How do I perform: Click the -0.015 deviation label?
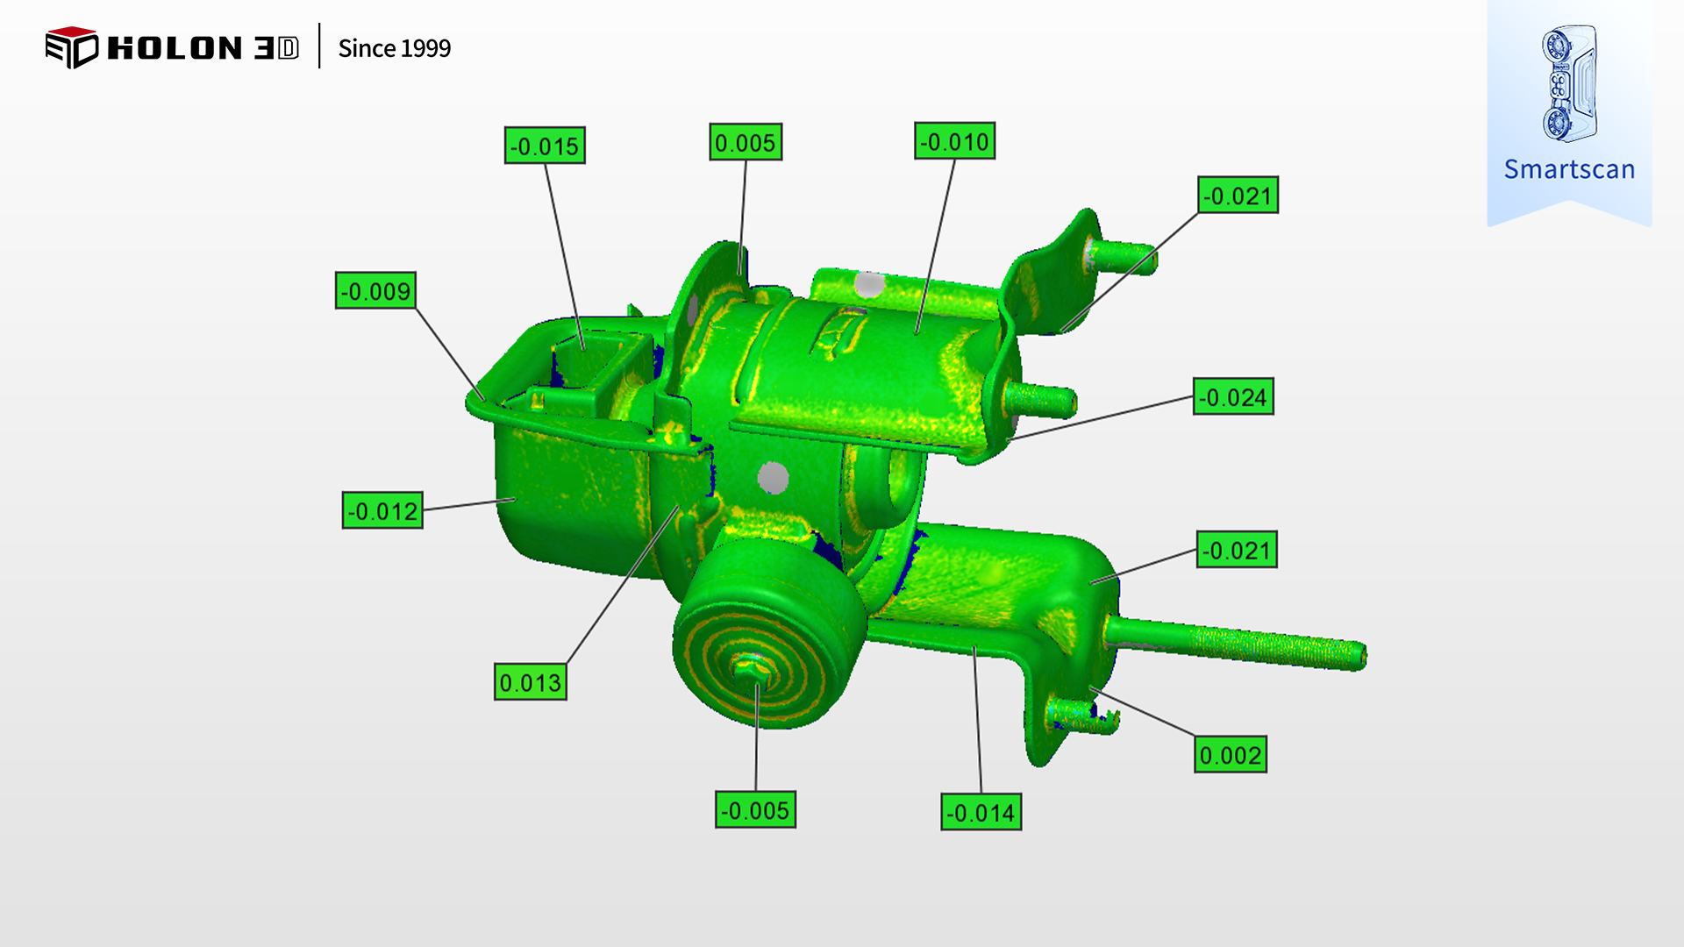(x=545, y=146)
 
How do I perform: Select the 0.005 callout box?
(x=746, y=142)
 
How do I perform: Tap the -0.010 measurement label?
(x=954, y=141)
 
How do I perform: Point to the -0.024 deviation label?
(x=1233, y=397)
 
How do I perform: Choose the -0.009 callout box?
(x=375, y=291)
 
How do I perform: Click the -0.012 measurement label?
(x=382, y=510)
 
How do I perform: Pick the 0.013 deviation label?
(x=531, y=682)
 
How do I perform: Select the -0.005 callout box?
(x=755, y=810)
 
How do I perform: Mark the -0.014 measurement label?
(x=981, y=813)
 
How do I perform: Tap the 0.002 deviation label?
(x=1231, y=755)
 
